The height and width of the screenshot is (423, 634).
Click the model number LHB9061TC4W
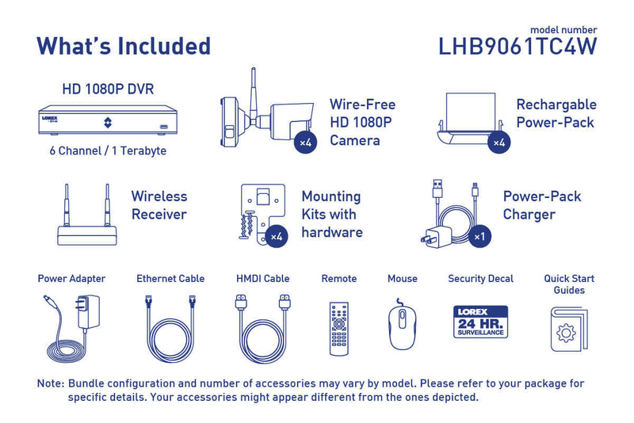tap(518, 47)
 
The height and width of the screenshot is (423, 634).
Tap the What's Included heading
tap(124, 46)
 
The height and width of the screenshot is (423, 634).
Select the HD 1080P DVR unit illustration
tap(108, 120)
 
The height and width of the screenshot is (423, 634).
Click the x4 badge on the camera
tap(305, 143)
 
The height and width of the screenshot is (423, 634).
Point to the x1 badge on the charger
tap(479, 236)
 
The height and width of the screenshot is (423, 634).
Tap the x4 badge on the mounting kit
tap(277, 236)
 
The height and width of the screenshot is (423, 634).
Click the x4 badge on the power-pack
tap(499, 143)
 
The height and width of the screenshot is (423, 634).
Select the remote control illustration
tap(339, 329)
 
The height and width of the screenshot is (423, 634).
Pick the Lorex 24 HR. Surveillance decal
tap(480, 322)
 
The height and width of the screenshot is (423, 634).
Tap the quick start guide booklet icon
tap(569, 330)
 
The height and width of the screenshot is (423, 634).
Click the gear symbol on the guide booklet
tap(566, 333)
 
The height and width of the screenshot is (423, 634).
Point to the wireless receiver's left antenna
tap(67, 205)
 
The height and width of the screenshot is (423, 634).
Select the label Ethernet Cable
tap(170, 278)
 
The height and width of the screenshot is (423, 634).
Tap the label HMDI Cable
tap(263, 278)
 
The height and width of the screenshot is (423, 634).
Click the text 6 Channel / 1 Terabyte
tap(108, 151)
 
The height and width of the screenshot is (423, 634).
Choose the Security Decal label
tap(481, 278)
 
